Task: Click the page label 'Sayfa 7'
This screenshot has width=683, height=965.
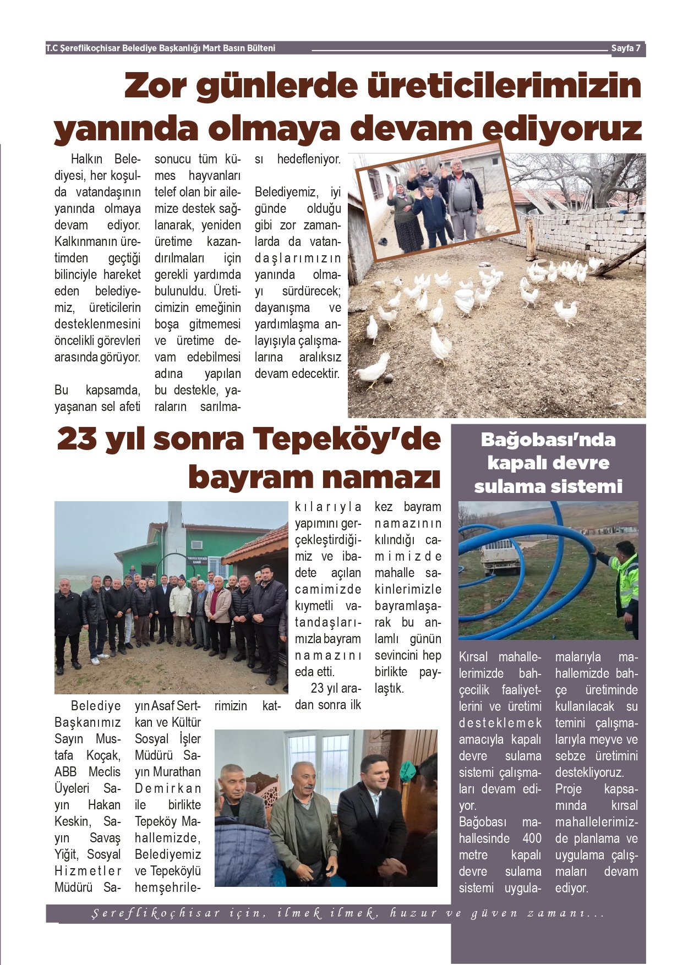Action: pyautogui.click(x=626, y=48)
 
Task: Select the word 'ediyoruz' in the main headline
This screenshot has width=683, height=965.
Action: pyautogui.click(x=562, y=129)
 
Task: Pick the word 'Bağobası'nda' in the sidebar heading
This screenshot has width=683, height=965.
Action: pyautogui.click(x=548, y=440)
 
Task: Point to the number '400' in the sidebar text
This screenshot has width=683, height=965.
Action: pyautogui.click(x=532, y=838)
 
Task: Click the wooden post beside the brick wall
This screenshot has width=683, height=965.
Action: pyautogui.click(x=531, y=238)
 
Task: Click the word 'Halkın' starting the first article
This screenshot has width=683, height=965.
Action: pyautogui.click(x=86, y=159)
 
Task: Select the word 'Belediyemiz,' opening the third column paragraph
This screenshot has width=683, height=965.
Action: pyautogui.click(x=286, y=192)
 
